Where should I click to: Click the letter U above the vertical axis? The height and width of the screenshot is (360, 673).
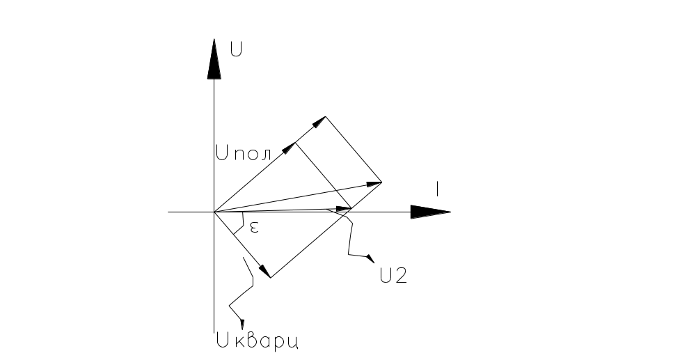(x=237, y=50)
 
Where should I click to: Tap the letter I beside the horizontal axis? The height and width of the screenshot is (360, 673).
(x=437, y=188)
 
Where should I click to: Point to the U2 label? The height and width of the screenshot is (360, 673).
(x=394, y=276)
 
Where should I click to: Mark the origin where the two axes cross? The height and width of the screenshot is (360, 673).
(x=214, y=212)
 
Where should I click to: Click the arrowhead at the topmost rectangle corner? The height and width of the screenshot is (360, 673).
(x=319, y=122)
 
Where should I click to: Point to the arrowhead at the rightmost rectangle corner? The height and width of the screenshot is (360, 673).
(x=374, y=184)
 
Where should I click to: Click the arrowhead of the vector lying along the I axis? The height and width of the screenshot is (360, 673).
(x=342, y=208)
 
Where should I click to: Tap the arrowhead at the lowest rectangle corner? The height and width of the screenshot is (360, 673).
(x=264, y=272)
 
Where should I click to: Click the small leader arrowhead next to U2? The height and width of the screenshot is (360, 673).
(x=370, y=259)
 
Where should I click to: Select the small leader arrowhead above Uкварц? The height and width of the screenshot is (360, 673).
(x=242, y=321)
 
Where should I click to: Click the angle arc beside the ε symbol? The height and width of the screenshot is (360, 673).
(x=241, y=222)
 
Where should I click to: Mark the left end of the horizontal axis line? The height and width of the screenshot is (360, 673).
(x=169, y=212)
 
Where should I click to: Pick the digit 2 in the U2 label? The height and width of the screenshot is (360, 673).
(x=400, y=276)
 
